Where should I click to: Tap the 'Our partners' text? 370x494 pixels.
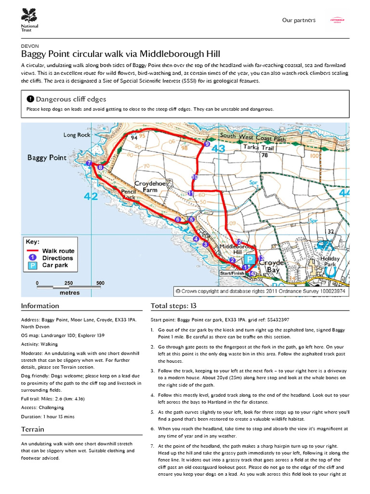click(299, 20)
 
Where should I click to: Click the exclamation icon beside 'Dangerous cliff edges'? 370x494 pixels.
click(30, 99)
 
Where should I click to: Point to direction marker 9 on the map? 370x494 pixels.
click(207, 144)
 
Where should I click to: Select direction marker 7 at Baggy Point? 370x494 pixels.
click(89, 164)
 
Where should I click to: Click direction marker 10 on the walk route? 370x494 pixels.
click(195, 178)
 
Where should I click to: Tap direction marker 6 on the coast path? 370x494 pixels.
click(178, 220)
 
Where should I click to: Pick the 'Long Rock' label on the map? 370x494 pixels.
click(77, 135)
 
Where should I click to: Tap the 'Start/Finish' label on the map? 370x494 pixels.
click(232, 273)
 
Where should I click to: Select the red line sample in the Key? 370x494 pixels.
click(33, 251)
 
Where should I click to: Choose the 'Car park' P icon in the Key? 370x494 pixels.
click(33, 265)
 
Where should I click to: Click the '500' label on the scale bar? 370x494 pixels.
click(100, 283)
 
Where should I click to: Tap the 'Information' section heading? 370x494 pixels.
click(40, 306)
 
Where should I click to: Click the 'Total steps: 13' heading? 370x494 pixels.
click(173, 306)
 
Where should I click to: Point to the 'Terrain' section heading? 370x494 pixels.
click(33, 429)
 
